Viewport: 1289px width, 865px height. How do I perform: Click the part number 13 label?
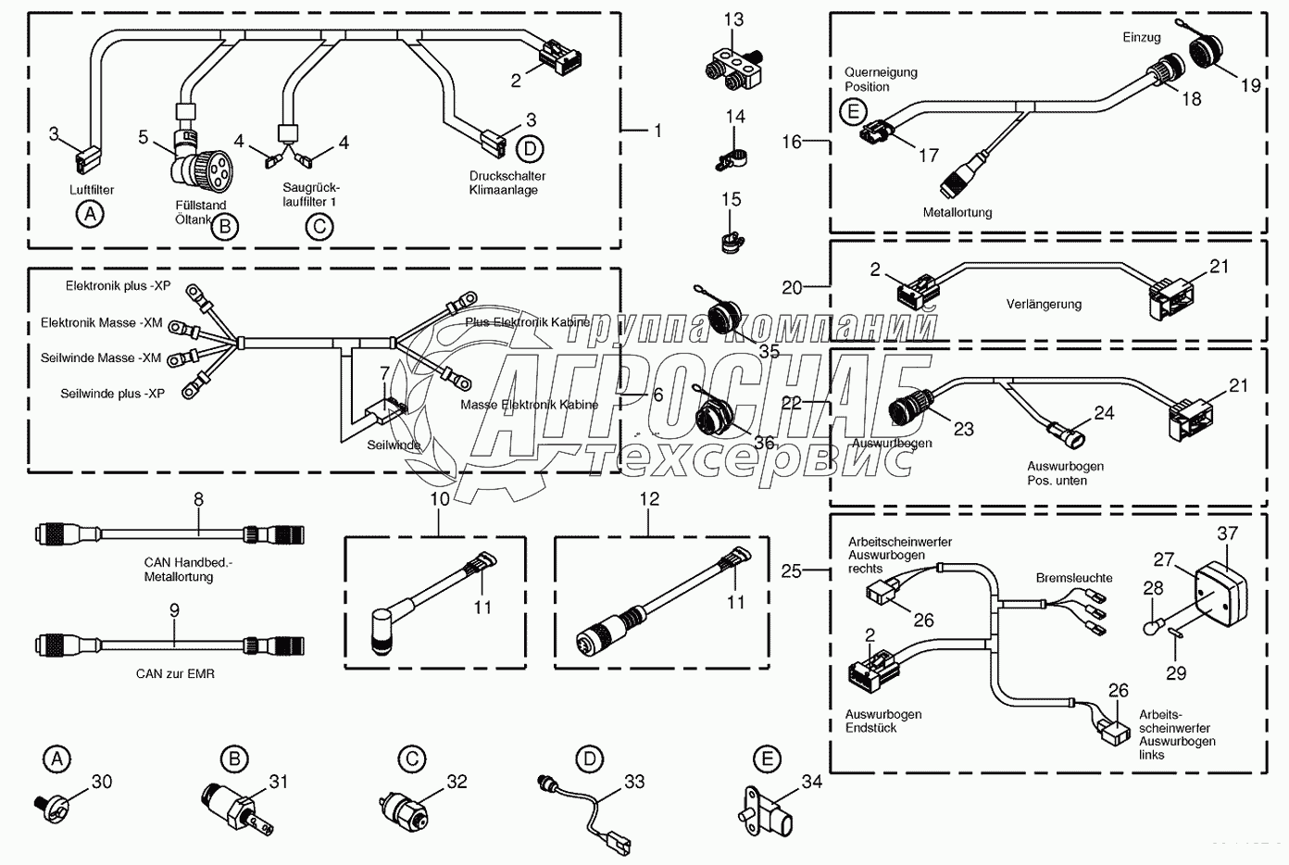pos(733,19)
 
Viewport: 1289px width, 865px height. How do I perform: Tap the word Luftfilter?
pos(92,190)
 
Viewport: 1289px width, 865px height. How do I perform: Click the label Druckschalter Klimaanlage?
pos(507,182)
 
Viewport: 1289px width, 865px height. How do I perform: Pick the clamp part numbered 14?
pos(729,158)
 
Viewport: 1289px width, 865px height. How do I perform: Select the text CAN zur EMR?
pos(175,673)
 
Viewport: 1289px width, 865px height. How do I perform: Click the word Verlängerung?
pos(1044,304)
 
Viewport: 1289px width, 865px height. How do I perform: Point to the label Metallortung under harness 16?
pos(957,212)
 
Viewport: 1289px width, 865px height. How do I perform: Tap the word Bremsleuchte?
pos(1074,577)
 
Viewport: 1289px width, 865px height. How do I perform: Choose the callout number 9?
pos(175,611)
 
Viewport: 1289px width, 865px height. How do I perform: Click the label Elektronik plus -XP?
pos(118,286)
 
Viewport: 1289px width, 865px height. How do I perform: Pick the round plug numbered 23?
pos(909,408)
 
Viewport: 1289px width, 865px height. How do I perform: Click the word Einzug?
pos(1141,37)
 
